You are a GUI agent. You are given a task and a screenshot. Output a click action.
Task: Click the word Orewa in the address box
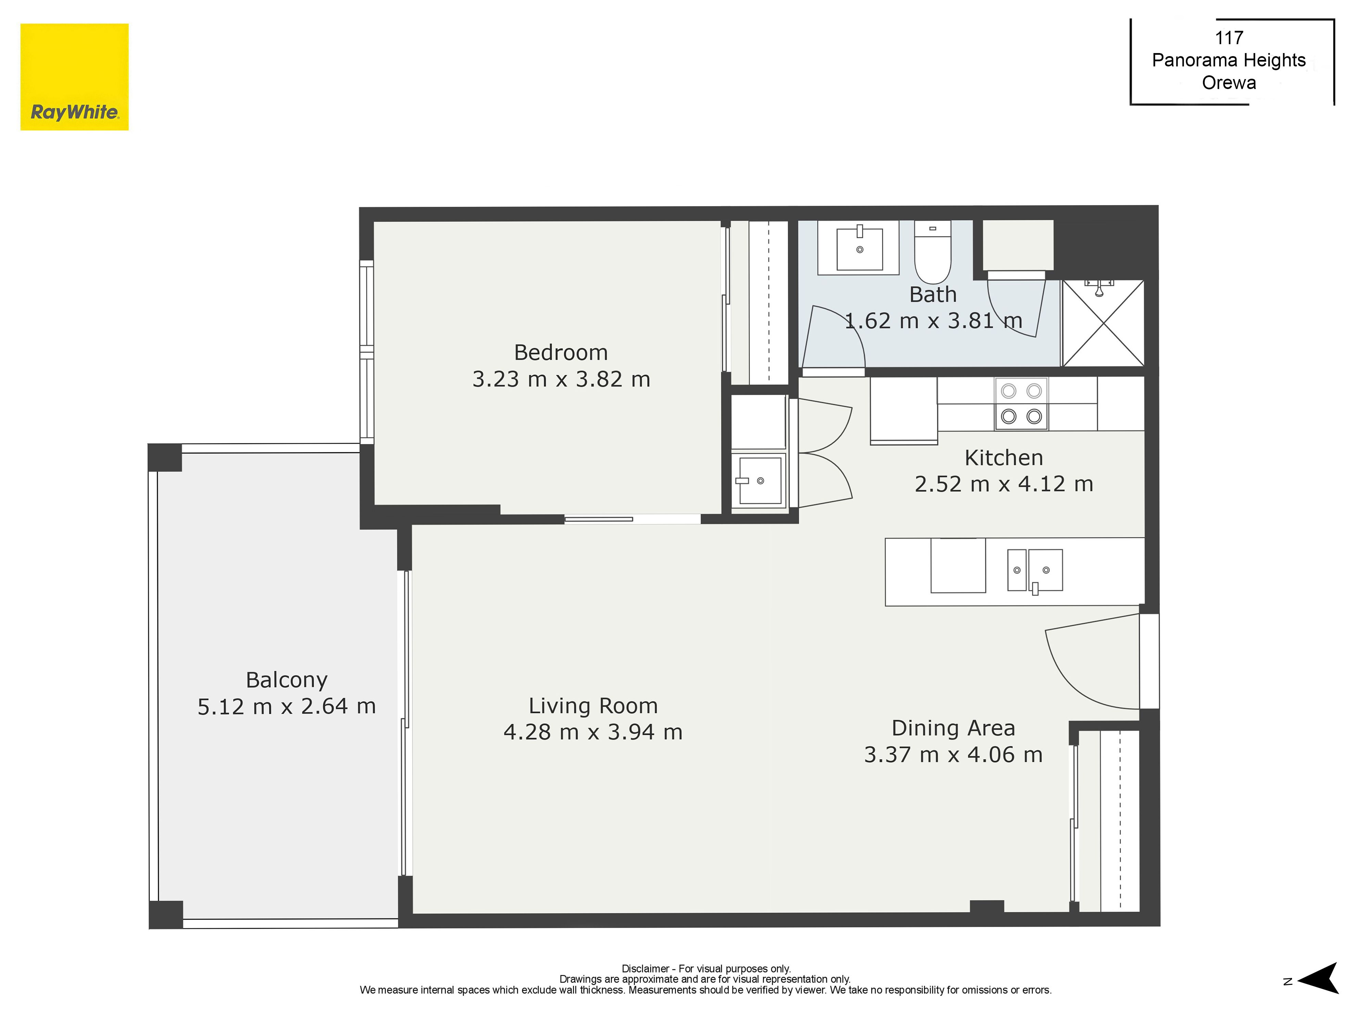point(1229,83)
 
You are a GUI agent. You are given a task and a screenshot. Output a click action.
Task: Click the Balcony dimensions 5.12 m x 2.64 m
point(286,706)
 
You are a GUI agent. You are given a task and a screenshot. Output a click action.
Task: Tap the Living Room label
point(593,706)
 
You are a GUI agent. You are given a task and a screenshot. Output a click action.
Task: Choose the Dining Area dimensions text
point(953,755)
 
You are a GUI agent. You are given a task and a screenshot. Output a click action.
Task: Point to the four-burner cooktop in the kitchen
point(1021,404)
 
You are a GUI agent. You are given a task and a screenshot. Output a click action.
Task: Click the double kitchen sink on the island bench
point(1035,570)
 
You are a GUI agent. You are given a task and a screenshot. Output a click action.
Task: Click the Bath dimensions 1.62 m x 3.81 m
point(933,321)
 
